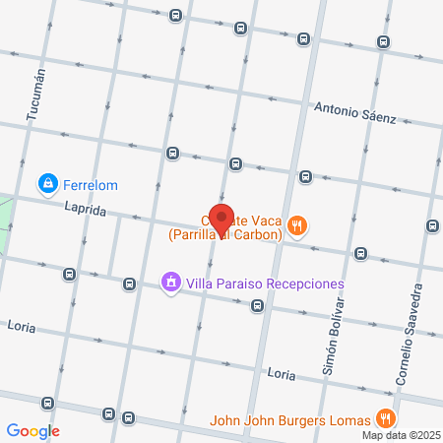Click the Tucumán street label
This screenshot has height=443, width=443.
(36, 94)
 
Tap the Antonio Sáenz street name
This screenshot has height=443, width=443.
(354, 112)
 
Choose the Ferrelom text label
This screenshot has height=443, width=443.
(92, 183)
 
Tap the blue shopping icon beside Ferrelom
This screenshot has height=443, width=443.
(47, 183)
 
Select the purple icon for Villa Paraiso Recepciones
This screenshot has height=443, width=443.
(171, 284)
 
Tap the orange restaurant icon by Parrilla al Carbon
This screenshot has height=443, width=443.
(299, 228)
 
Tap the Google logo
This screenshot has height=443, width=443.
(32, 430)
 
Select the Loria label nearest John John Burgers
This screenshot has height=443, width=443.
(282, 374)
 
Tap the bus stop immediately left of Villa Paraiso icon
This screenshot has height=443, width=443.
(129, 285)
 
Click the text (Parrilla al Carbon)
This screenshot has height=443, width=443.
(224, 234)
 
